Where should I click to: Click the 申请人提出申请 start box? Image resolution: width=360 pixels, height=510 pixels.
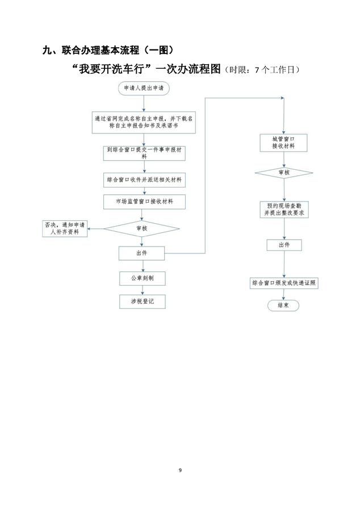click(143, 89)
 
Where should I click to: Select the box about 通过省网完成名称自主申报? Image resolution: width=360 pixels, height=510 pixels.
click(144, 122)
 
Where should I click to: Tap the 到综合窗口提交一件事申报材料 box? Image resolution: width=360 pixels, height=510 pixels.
click(143, 152)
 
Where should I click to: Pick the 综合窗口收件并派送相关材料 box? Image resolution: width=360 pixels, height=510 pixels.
click(144, 179)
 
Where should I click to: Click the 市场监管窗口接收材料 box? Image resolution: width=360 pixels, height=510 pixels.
click(143, 201)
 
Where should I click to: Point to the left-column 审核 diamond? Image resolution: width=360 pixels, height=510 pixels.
click(141, 228)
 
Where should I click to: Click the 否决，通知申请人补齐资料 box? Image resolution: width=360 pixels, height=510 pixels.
click(65, 228)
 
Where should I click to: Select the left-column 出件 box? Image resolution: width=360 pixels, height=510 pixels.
click(141, 253)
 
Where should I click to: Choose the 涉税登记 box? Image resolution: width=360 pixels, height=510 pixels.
click(142, 301)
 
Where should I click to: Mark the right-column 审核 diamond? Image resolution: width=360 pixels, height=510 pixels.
click(283, 172)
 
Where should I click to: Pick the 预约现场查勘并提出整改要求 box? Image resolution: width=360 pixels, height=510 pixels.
click(283, 208)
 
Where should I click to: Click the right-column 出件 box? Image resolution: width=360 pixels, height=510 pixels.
click(283, 245)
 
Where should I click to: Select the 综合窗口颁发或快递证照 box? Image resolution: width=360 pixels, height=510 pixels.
click(283, 282)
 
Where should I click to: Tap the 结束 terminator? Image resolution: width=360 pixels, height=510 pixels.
click(283, 305)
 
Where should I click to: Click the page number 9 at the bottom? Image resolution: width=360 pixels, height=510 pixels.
click(180, 470)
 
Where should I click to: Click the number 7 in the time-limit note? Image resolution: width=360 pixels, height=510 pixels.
click(257, 70)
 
